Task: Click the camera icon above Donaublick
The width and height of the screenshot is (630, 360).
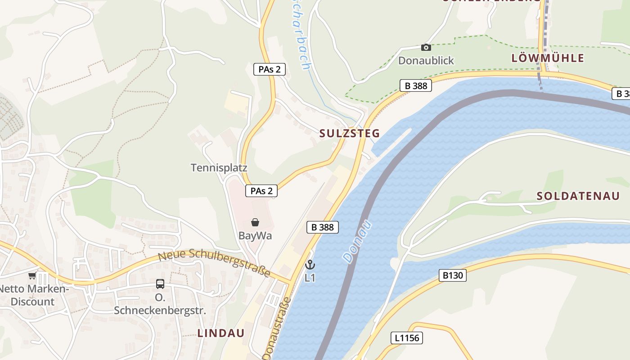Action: pos(426,47)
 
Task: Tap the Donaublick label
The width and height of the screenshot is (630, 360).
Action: pos(426,61)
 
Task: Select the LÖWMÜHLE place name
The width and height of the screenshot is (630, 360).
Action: pos(548,58)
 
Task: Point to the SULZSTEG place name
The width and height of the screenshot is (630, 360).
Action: pos(350,133)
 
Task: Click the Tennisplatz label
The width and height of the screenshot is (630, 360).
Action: pos(219,168)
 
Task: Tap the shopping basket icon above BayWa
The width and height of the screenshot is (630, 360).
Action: pos(255,222)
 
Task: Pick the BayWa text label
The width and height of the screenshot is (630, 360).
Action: pos(255,236)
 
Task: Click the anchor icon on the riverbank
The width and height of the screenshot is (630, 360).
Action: pos(310,265)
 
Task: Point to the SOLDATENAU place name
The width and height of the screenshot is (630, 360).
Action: pos(578,196)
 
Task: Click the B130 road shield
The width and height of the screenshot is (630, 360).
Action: pos(452,275)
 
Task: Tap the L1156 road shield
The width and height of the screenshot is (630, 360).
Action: pos(407,337)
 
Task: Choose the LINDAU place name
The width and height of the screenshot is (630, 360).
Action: pos(221,333)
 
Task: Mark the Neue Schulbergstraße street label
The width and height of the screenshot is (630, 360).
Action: pos(214,262)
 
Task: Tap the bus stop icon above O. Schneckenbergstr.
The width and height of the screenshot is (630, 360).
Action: pos(160,284)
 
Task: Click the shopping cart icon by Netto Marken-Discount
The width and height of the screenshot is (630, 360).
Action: pos(32,276)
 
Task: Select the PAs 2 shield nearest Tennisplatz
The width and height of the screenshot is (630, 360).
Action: pos(261,191)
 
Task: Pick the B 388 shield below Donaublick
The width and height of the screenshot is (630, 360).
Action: pos(415,85)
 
